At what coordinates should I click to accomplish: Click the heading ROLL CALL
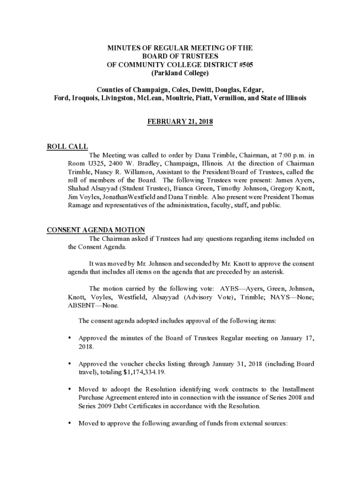tap(68, 147)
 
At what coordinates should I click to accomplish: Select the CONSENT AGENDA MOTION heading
tap(96, 230)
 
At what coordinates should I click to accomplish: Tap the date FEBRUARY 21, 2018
tap(180, 122)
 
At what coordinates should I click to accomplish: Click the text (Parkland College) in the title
tap(180, 73)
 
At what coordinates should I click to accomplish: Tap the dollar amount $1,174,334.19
tap(144, 372)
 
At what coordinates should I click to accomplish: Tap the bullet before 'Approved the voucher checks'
tap(70, 364)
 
